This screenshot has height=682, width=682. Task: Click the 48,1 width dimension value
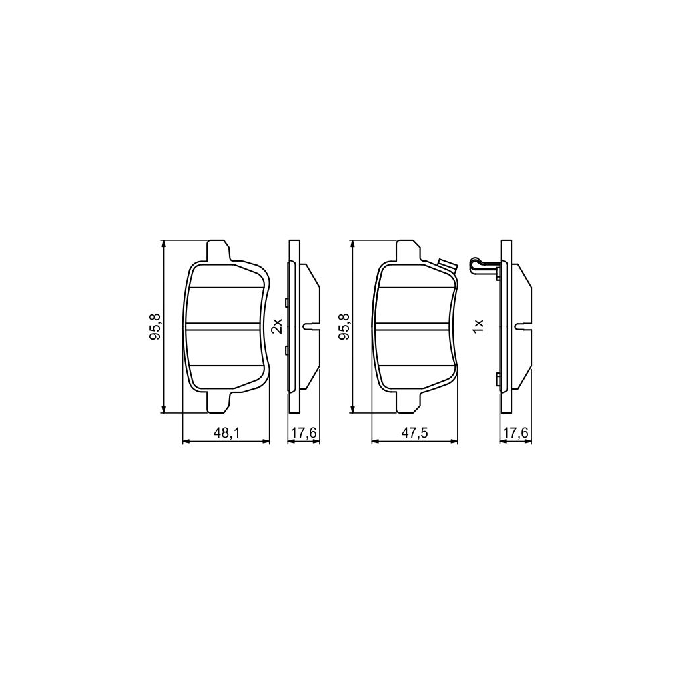pyautogui.click(x=226, y=434)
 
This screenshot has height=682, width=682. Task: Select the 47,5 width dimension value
pyautogui.click(x=414, y=434)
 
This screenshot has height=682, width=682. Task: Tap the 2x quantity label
pyautogui.click(x=278, y=326)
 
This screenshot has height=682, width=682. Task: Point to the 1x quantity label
pyautogui.click(x=477, y=326)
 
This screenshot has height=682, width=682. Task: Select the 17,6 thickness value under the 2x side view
pyautogui.click(x=304, y=434)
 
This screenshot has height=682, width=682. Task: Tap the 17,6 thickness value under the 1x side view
pyautogui.click(x=515, y=434)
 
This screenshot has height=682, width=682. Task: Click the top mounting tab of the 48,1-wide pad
pyautogui.click(x=219, y=251)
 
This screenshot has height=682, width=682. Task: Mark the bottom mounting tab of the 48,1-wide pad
pyautogui.click(x=219, y=402)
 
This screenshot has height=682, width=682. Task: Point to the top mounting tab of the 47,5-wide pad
pyautogui.click(x=408, y=251)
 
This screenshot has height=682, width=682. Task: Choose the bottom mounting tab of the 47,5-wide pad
pyautogui.click(x=408, y=402)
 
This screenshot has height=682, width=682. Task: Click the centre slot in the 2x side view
pyautogui.click(x=310, y=326)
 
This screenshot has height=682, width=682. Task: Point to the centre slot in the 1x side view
pyautogui.click(x=523, y=326)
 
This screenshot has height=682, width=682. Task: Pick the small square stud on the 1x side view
pyautogui.click(x=498, y=380)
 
